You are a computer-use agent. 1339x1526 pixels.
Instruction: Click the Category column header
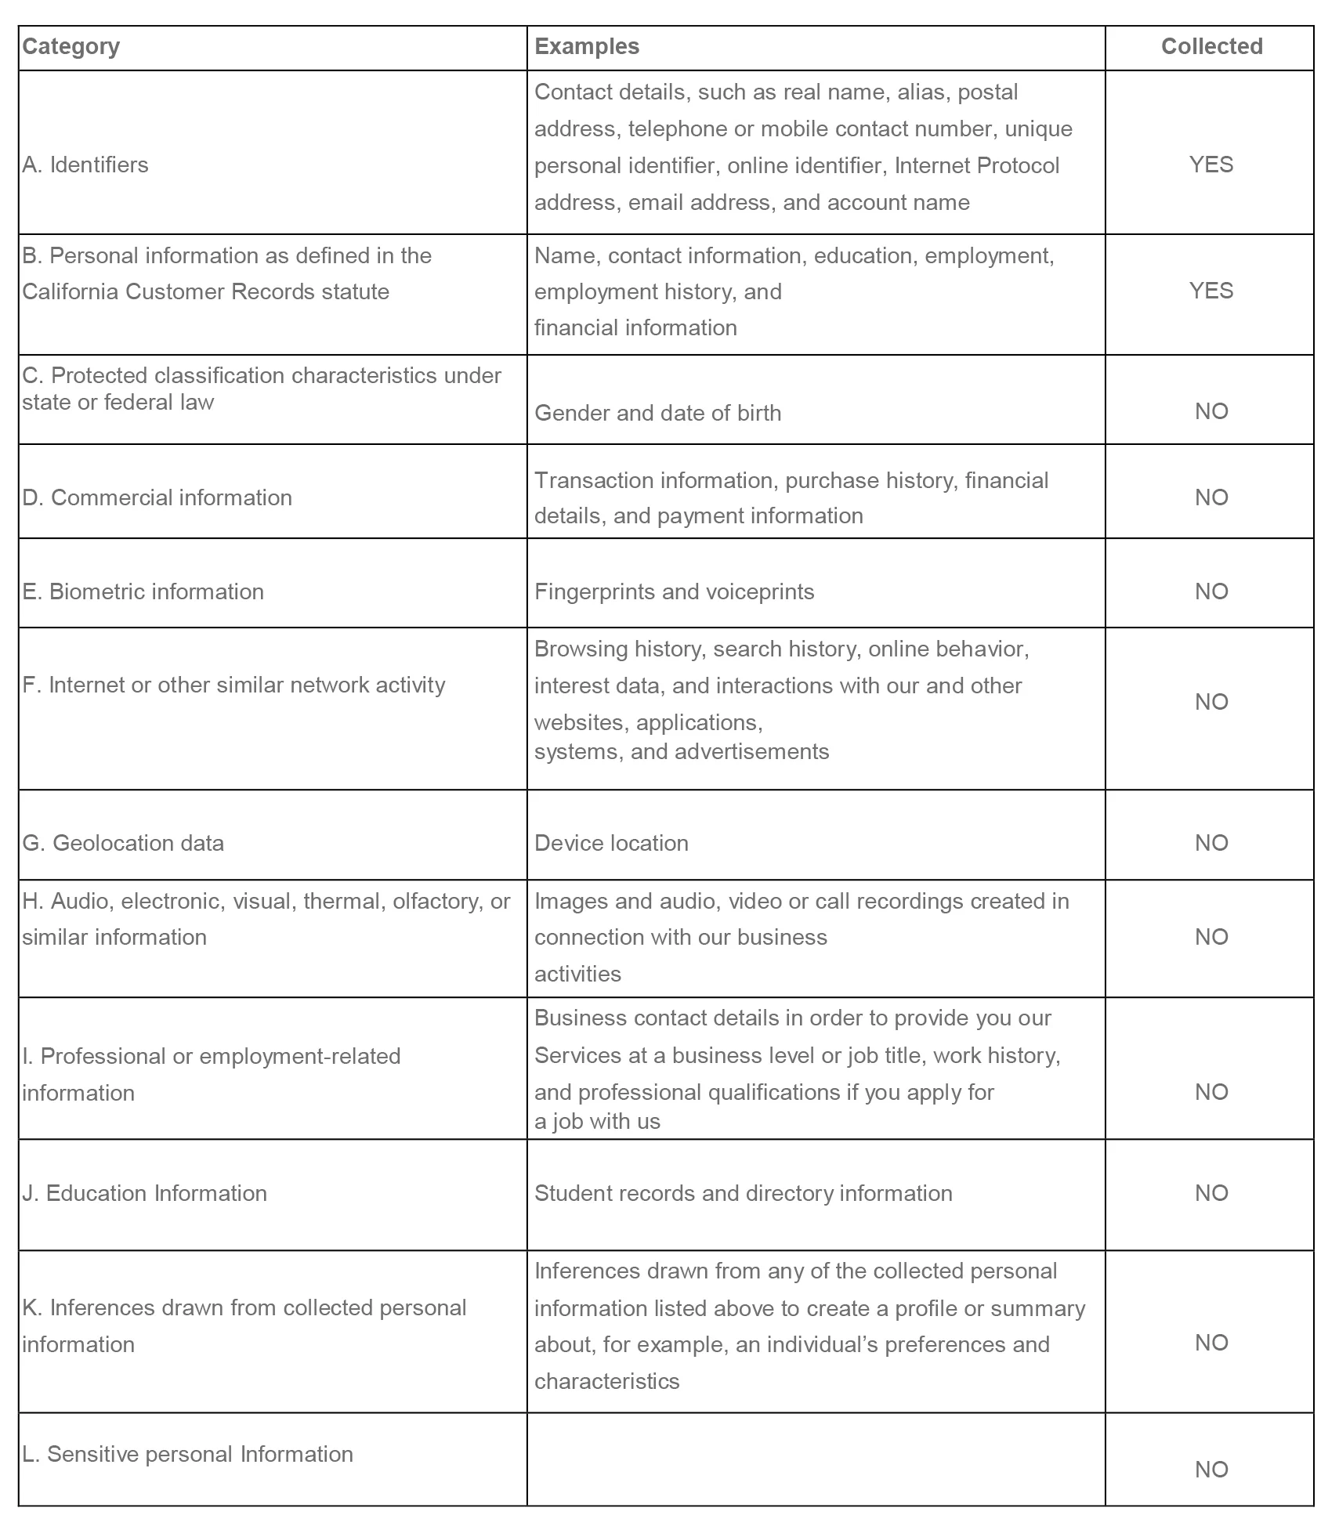point(71,47)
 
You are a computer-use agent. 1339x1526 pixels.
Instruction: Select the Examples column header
point(587,47)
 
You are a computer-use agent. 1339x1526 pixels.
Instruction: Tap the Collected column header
point(1211,47)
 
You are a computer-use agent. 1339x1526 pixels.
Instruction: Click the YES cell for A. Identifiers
point(1211,165)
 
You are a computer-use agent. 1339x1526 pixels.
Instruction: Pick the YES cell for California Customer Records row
point(1211,291)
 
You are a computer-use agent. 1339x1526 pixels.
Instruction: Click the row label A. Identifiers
point(85,165)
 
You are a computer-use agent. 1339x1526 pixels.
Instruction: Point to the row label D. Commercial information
point(157,497)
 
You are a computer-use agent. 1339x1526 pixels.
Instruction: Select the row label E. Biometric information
point(143,591)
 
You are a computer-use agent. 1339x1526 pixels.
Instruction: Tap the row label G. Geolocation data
point(123,843)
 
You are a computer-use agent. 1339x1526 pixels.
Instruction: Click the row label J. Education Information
point(145,1193)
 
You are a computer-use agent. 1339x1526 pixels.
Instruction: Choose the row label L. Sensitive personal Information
point(187,1454)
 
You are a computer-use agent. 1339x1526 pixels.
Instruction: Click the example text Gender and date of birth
point(657,413)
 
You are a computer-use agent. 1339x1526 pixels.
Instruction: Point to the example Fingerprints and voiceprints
point(674,591)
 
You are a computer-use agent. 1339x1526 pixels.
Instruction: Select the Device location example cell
point(611,843)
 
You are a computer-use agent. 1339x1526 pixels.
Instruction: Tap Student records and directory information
point(743,1193)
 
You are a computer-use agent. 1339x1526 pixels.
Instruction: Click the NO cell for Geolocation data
point(1211,843)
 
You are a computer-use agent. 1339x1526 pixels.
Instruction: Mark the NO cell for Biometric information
point(1211,591)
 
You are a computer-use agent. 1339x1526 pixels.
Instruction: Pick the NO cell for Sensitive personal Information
point(1211,1470)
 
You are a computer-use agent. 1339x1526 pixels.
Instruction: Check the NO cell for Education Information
point(1211,1193)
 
